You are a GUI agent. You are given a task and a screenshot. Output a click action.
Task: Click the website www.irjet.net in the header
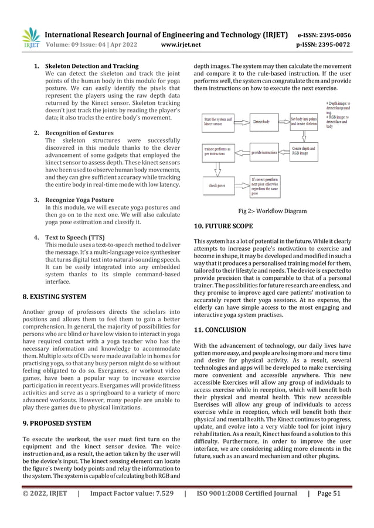click(x=180, y=43)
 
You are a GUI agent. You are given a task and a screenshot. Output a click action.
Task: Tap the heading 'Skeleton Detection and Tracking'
click(x=91, y=66)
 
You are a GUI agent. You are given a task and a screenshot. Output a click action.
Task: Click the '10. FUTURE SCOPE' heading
click(x=223, y=225)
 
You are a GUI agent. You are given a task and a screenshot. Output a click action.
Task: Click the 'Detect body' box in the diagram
click(x=261, y=121)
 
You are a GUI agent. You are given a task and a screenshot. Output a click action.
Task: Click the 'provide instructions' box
click(x=264, y=152)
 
